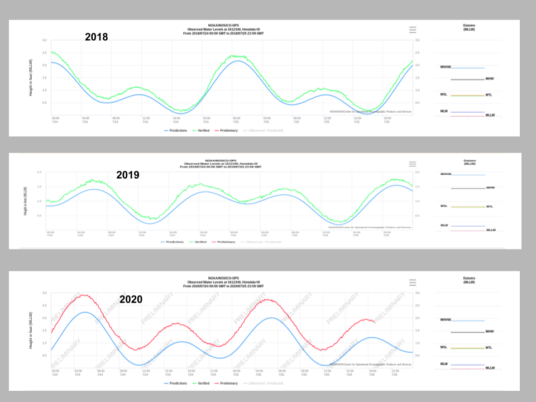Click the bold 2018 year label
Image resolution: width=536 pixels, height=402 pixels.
tap(96, 37)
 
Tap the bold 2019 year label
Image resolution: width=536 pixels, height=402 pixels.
tap(127, 175)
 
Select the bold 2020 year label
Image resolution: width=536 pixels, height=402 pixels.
tap(131, 300)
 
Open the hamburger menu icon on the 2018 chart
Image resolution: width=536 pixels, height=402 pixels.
tap(413, 30)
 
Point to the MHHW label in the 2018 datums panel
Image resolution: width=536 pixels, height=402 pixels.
tap(445, 68)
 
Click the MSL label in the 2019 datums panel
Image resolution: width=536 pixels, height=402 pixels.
tap(444, 206)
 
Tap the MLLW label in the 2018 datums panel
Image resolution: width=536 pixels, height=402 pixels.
tap(490, 115)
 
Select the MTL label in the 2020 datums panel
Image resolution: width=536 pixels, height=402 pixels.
tap(489, 347)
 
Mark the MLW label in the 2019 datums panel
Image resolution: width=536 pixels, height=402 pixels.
tap(444, 225)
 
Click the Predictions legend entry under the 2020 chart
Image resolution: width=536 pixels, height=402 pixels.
tap(179, 383)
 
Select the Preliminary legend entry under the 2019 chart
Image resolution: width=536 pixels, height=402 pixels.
tap(225, 242)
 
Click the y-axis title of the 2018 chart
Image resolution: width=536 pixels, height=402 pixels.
tap(31, 78)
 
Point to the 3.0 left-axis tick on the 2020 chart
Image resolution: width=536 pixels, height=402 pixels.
tap(44, 293)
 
